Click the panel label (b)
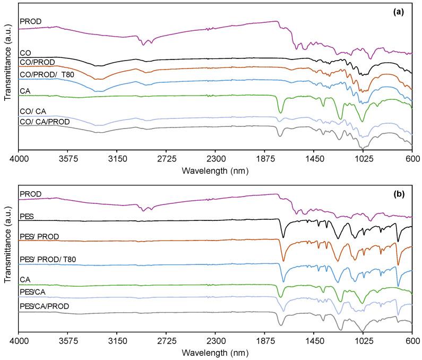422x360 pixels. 399,194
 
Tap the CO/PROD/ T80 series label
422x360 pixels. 47,74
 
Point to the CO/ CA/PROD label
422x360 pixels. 48,122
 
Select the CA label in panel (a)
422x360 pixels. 24,91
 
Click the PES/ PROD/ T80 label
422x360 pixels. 48,259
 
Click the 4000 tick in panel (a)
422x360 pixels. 19,158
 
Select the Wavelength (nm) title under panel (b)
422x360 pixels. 216,353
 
